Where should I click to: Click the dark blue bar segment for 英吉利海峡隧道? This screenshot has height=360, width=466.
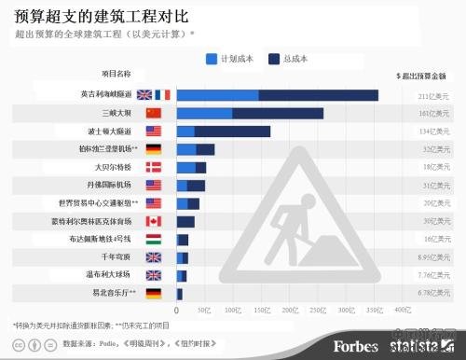click(318, 94)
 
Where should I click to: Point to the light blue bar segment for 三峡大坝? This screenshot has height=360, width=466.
click(204, 113)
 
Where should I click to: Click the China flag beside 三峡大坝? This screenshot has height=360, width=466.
click(154, 113)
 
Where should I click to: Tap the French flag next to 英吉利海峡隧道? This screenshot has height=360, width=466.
click(162, 94)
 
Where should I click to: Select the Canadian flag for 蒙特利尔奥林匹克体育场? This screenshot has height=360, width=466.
click(154, 221)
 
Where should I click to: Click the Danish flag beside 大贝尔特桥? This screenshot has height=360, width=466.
click(154, 167)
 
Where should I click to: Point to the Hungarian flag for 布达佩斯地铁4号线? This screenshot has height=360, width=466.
click(154, 239)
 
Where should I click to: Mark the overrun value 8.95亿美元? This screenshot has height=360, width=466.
click(429, 257)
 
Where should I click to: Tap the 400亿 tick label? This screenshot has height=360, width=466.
click(401, 309)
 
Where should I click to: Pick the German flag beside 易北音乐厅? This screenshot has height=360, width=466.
click(154, 293)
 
